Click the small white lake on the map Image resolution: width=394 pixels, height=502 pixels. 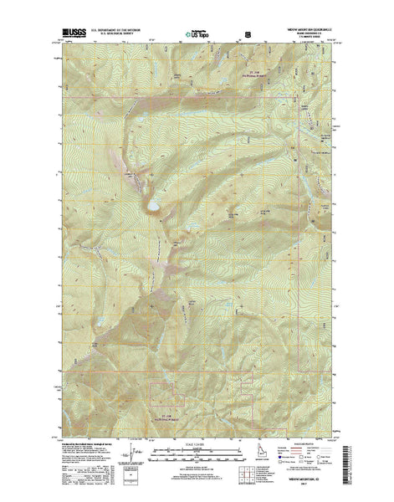point(154,202)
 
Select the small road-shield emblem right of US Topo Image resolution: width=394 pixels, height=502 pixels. point(246,35)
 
